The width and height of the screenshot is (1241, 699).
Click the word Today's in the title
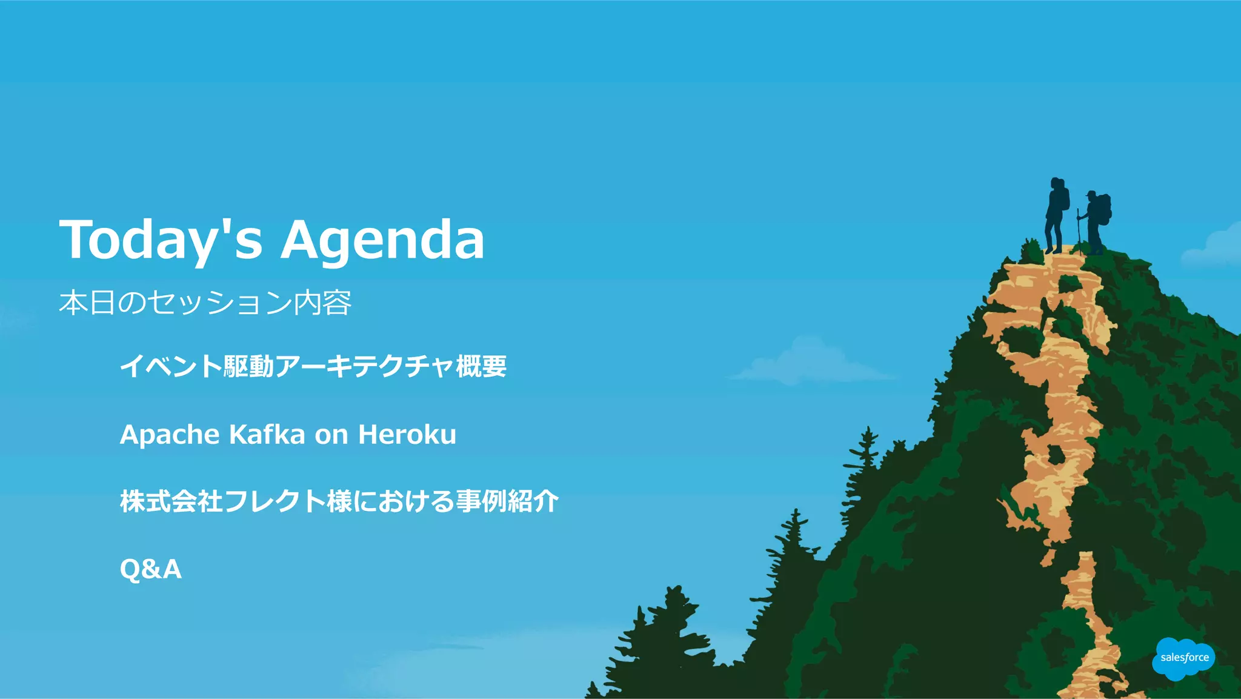pyautogui.click(x=161, y=239)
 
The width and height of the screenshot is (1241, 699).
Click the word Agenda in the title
pyautogui.click(x=382, y=241)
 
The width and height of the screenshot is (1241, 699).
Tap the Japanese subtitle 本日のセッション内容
pyautogui.click(x=205, y=303)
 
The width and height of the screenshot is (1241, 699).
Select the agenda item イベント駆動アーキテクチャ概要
pyautogui.click(x=313, y=366)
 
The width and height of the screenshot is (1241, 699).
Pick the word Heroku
pyautogui.click(x=407, y=435)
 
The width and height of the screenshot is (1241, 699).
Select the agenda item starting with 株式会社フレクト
pyautogui.click(x=339, y=501)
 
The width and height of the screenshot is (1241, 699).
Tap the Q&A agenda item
pyautogui.click(x=150, y=569)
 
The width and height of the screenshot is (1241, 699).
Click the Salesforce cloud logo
pyautogui.click(x=1183, y=658)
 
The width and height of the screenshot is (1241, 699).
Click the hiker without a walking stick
pyautogui.click(x=1055, y=215)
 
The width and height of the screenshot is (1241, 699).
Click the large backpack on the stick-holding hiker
pyautogui.click(x=1105, y=209)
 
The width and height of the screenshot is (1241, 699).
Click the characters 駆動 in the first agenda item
pyautogui.click(x=248, y=366)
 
